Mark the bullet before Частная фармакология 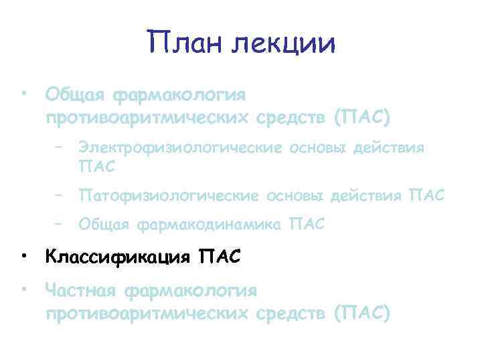coord(24,290)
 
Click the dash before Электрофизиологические coord(60,147)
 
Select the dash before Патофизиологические coord(60,195)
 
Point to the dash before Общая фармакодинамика coord(60,225)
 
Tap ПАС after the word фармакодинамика coord(305,225)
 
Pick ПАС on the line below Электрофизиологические coord(97,164)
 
